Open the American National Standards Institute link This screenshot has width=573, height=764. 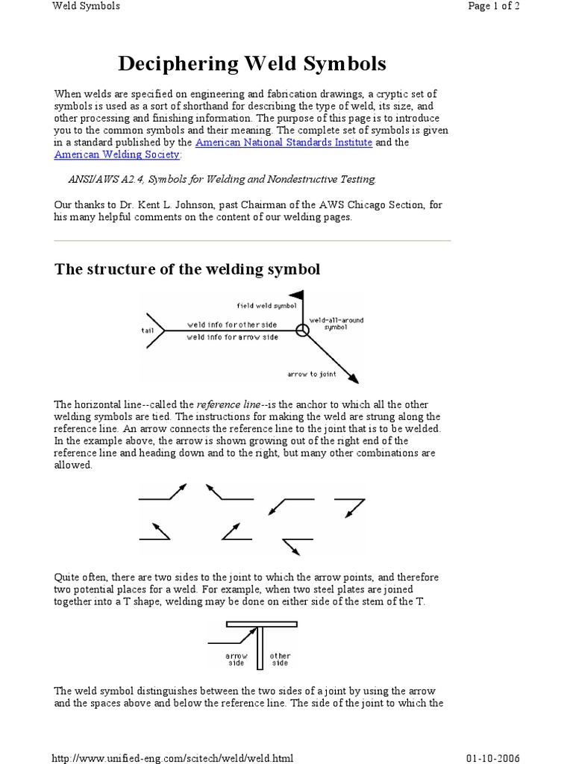tap(284, 142)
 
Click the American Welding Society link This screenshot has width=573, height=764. tap(117, 154)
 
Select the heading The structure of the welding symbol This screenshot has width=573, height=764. tap(187, 269)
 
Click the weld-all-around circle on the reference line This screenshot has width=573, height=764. tap(302, 331)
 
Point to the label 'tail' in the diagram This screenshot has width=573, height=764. tap(146, 329)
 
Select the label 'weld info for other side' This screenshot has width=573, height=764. tap(222, 325)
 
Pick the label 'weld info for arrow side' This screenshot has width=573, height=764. tap(222, 337)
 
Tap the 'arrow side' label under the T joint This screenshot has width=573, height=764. tap(237, 660)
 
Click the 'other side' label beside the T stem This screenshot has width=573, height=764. tap(280, 660)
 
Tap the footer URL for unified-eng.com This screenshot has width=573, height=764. tap(172, 758)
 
